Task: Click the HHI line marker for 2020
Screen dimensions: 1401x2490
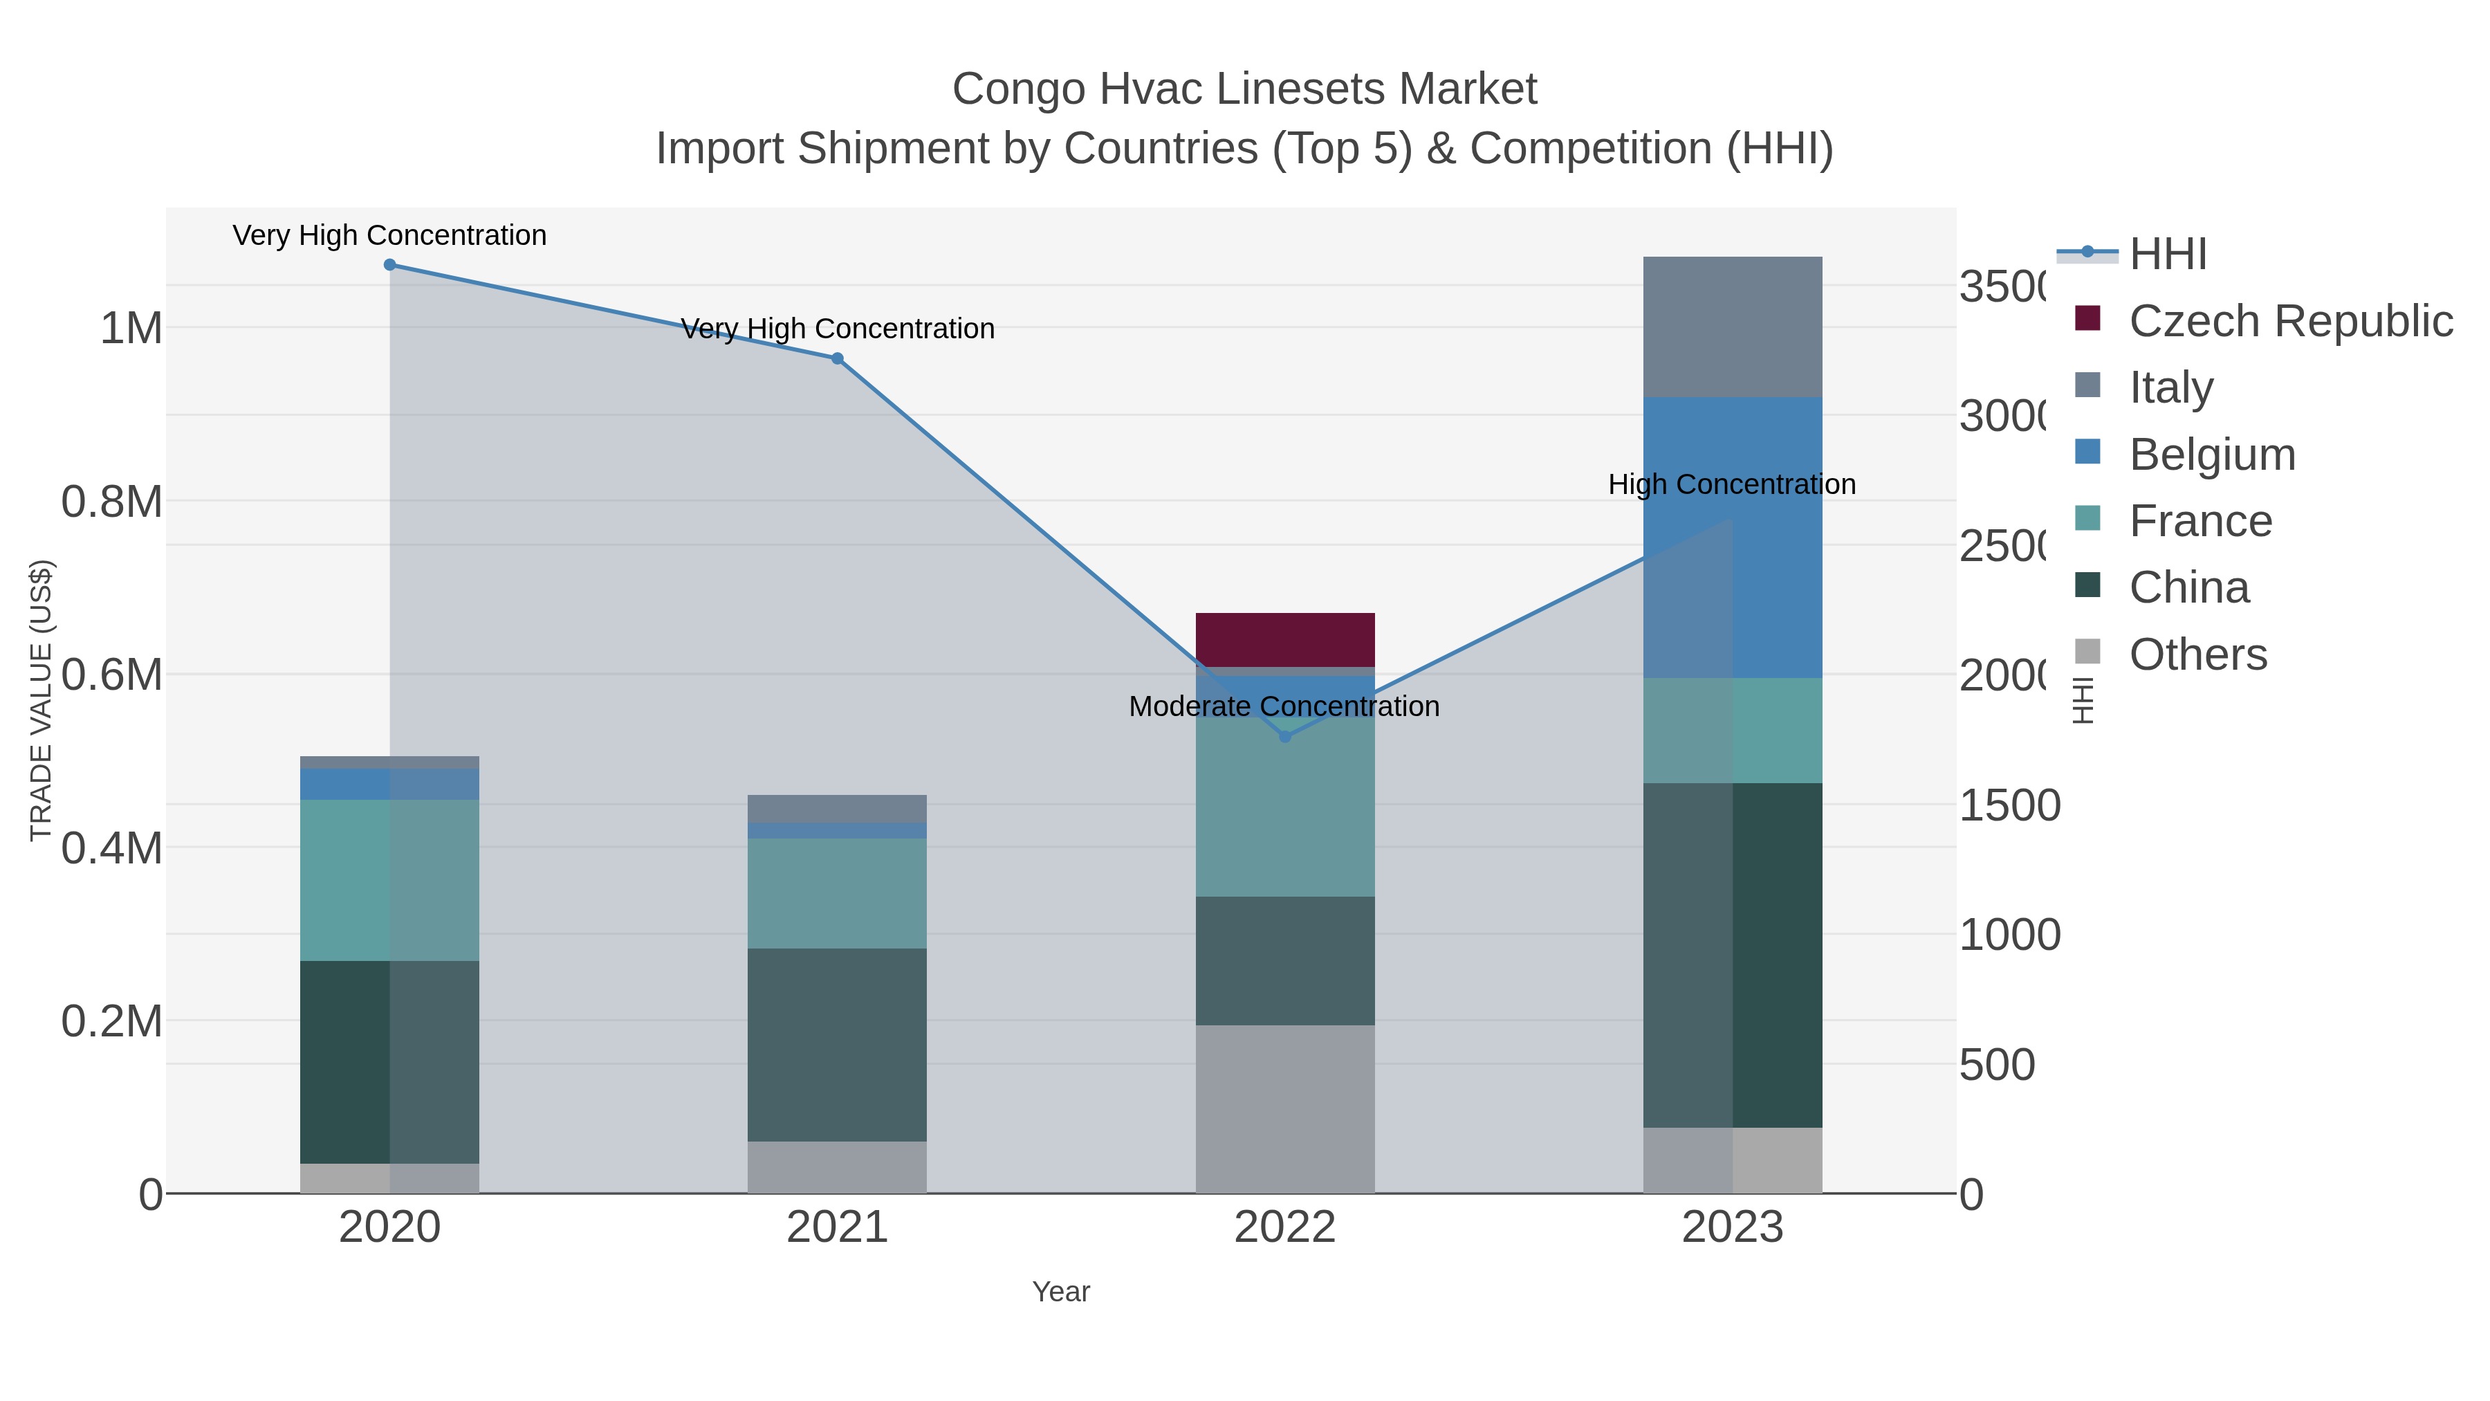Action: tap(389, 265)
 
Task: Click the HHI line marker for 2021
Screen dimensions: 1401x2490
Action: tap(837, 358)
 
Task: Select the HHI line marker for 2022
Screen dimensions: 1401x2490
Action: tap(1284, 737)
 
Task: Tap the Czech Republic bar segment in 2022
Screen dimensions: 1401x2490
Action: tap(1284, 639)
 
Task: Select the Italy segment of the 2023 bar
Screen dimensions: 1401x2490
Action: tap(1732, 327)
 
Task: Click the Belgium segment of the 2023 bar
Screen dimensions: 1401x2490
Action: tap(1732, 537)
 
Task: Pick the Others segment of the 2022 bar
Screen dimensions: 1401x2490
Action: tap(1284, 1109)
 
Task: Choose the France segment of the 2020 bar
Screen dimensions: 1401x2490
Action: tap(389, 880)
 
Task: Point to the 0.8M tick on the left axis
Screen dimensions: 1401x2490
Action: tap(112, 502)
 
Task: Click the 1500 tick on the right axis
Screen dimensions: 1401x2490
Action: tap(2009, 805)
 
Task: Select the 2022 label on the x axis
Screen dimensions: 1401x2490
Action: tap(1284, 1228)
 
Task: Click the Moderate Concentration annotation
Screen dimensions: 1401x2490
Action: tap(1284, 707)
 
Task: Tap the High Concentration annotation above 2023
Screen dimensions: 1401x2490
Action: tap(1731, 484)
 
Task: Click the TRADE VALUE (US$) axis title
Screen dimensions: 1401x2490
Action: tap(41, 700)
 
